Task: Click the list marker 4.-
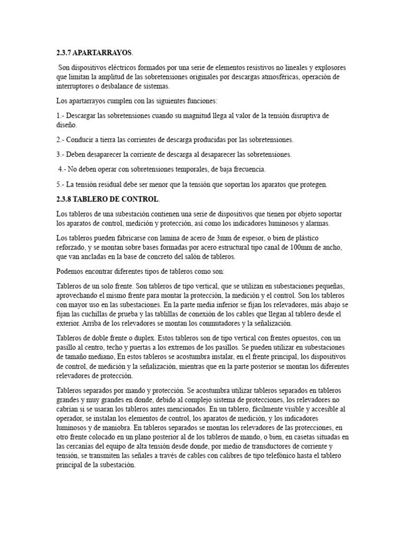pyautogui.click(x=64, y=169)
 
